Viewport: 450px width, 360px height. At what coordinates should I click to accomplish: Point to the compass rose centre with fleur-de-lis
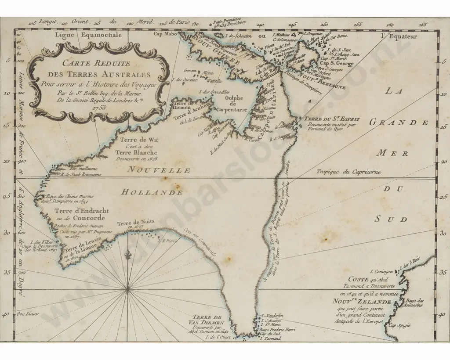pyautogui.click(x=127, y=288)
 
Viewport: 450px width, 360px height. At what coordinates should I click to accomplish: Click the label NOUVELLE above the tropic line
pyautogui.click(x=159, y=170)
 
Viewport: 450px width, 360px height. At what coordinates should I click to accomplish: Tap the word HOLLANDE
pyautogui.click(x=152, y=192)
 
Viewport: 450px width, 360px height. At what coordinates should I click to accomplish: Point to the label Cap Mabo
pyautogui.click(x=164, y=33)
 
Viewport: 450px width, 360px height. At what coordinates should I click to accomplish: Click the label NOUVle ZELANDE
pyautogui.click(x=361, y=302)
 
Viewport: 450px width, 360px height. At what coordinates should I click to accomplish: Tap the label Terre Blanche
pyautogui.click(x=136, y=152)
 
